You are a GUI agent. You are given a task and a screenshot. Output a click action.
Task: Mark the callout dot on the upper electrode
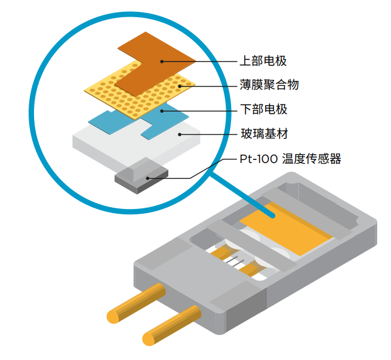click(x=161, y=61)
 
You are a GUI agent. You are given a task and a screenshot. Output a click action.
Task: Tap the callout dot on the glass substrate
click(x=180, y=134)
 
